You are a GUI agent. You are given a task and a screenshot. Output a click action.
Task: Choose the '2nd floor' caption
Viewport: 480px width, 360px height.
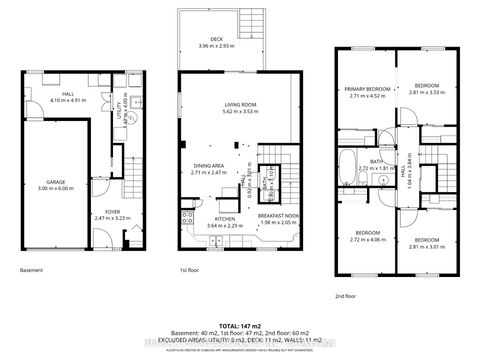tap(347, 296)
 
